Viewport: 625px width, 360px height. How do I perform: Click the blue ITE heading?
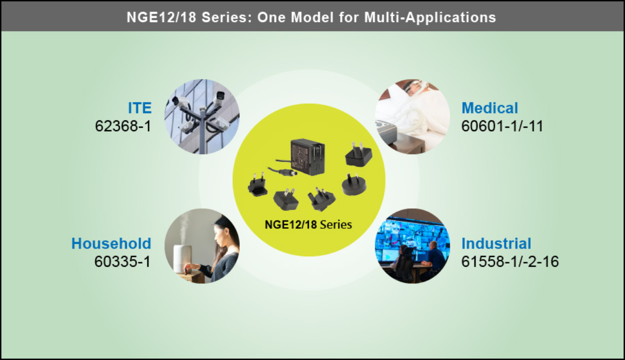[x=140, y=108]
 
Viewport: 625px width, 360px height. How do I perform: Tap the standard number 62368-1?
[x=123, y=126]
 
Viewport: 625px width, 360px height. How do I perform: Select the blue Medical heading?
[x=490, y=108]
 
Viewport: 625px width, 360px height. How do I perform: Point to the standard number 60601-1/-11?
[x=502, y=126]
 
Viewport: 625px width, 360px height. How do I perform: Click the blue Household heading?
[x=111, y=243]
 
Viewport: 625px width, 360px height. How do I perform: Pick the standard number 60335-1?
[x=122, y=262]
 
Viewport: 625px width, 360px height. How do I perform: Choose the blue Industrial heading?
[x=496, y=243]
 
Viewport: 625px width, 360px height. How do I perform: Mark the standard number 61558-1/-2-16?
[x=510, y=262]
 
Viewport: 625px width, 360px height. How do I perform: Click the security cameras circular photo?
[x=202, y=117]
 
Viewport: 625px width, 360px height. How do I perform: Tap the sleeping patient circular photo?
[x=413, y=117]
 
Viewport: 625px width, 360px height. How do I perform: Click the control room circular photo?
[x=413, y=246]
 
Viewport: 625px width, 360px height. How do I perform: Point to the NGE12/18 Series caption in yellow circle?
[x=308, y=225]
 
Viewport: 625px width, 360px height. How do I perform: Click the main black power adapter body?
[x=308, y=157]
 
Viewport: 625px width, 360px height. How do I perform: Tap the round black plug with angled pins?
[x=354, y=184]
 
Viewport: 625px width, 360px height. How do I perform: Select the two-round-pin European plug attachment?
[x=257, y=185]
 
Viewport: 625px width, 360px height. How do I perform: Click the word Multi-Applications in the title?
[x=430, y=17]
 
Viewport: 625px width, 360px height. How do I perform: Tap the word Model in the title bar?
[x=312, y=17]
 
